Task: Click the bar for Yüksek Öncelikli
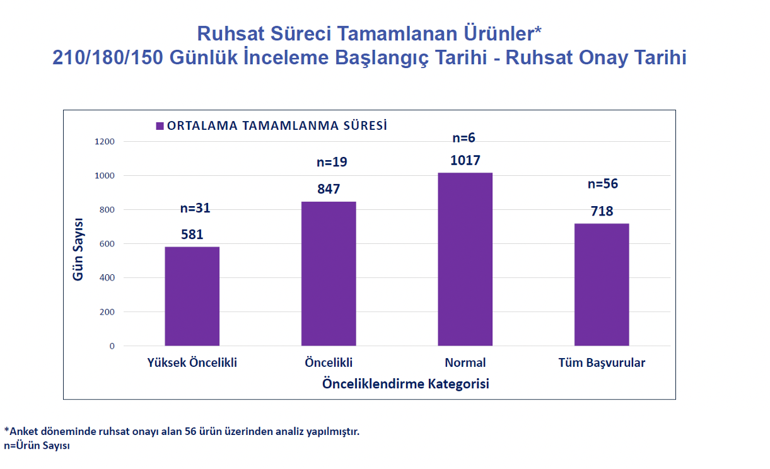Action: (192, 296)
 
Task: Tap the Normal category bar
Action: (465, 259)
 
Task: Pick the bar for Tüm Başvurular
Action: (602, 284)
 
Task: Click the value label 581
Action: (192, 234)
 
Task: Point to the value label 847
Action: (329, 189)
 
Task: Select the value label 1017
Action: (465, 160)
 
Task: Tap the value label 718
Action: (602, 211)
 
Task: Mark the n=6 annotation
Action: (464, 137)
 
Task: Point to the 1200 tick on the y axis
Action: (105, 141)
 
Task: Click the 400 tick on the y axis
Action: (107, 278)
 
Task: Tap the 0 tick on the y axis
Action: (112, 346)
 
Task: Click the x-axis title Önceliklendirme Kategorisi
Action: (405, 383)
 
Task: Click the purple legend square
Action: (160, 125)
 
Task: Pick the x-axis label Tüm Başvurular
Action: (602, 363)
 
